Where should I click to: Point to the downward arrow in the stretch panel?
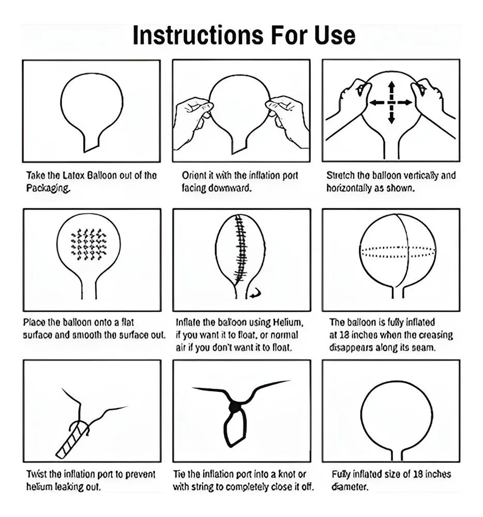tap(391, 115)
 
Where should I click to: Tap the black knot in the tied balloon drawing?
tap(234, 407)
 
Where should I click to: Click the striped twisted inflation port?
tap(72, 440)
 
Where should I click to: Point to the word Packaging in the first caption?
tap(48, 188)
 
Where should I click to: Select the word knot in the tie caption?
tap(287, 474)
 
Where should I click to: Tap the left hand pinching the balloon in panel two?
tap(193, 122)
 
